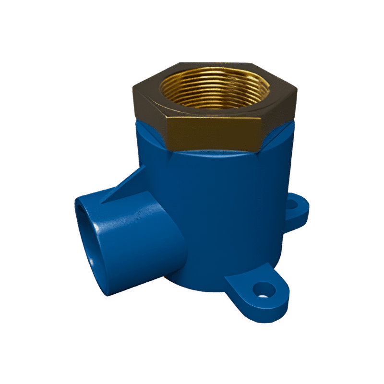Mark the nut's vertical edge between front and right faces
[263, 129]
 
